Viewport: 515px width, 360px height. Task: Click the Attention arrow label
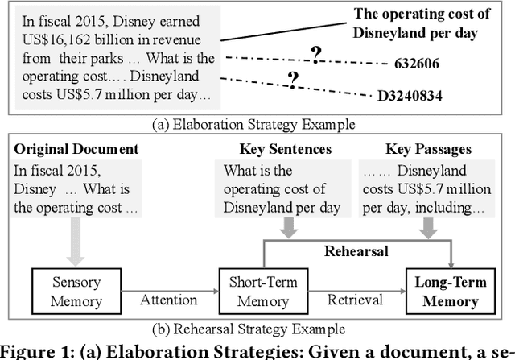(x=170, y=300)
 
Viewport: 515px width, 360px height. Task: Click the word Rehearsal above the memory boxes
(x=357, y=252)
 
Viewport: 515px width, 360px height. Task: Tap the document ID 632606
(x=418, y=61)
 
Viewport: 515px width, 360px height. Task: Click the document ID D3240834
(x=410, y=95)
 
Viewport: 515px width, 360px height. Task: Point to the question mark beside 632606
(x=317, y=54)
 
